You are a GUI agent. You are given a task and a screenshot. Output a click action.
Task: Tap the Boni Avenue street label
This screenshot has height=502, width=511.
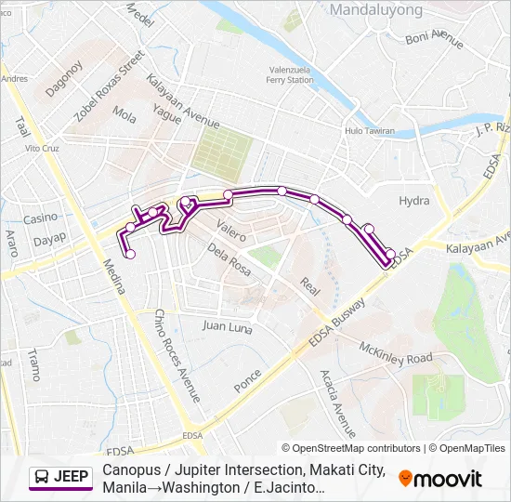[x=434, y=39]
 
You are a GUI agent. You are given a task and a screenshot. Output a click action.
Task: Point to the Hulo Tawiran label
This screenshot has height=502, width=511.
[x=371, y=132]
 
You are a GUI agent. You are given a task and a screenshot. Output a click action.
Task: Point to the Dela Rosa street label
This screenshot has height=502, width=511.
[x=229, y=258]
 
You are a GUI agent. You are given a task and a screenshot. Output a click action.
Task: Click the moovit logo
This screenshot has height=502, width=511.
[x=440, y=479]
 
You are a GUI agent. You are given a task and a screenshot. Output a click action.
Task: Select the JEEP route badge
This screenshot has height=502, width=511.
[x=61, y=478]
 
